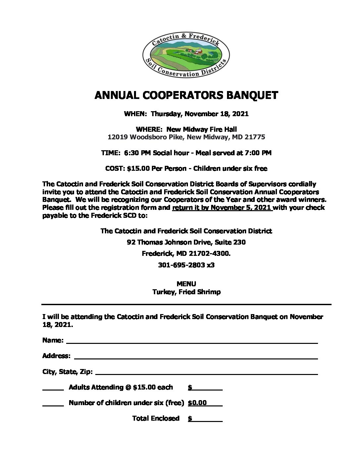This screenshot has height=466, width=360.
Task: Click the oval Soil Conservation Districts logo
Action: click(x=186, y=55)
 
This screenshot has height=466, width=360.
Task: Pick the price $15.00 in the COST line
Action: click(x=138, y=168)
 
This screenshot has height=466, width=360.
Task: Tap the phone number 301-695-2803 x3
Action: click(x=186, y=265)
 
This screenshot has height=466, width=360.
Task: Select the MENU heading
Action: click(x=186, y=284)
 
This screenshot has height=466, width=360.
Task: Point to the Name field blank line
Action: click(x=192, y=343)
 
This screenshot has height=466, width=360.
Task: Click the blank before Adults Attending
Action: click(x=53, y=389)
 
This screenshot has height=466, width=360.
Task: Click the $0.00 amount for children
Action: click(x=198, y=403)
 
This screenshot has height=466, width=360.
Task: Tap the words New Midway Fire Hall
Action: click(x=202, y=129)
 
